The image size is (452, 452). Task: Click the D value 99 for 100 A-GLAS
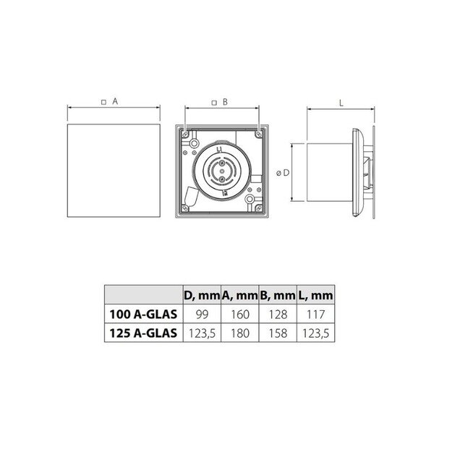(202, 314)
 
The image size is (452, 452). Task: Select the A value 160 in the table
(240, 314)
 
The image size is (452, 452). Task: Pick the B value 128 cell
(278, 314)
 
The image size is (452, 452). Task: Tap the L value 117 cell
(315, 314)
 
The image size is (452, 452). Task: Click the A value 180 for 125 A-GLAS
(240, 333)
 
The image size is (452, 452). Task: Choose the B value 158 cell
(278, 333)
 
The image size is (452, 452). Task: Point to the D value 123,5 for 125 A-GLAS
(202, 333)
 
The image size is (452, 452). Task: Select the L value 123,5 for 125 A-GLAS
(315, 333)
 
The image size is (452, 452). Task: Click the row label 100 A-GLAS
(143, 314)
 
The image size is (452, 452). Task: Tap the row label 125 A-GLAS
(143, 333)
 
